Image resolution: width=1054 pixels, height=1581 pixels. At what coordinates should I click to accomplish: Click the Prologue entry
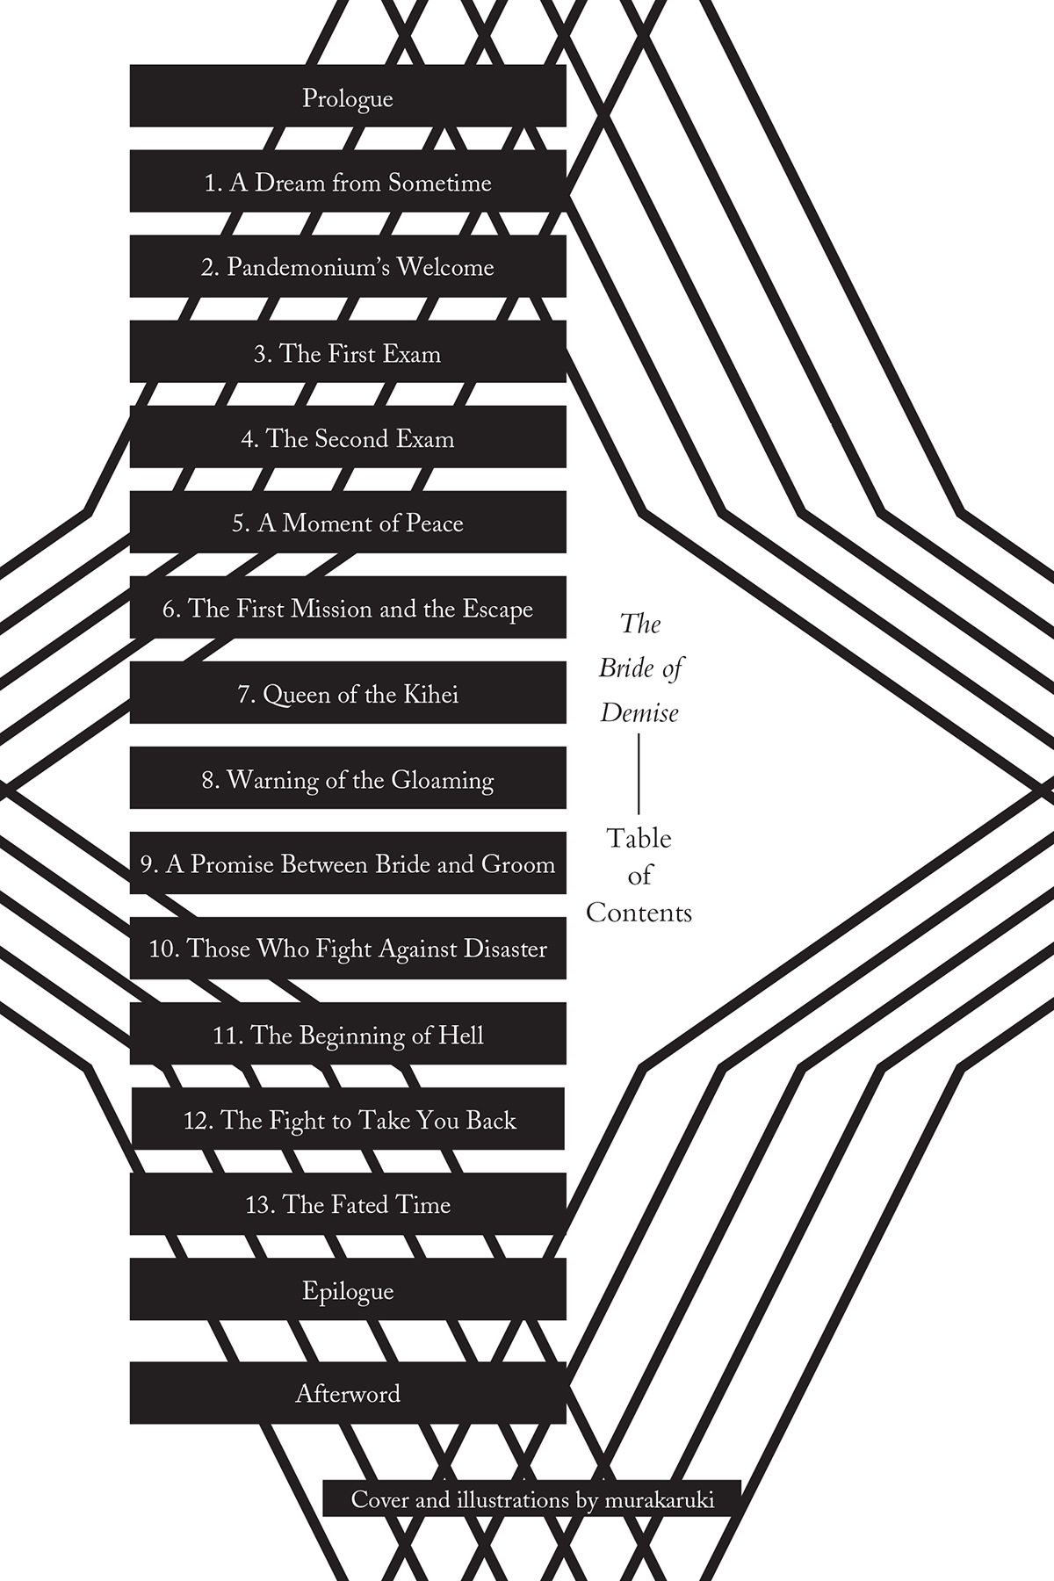point(348,96)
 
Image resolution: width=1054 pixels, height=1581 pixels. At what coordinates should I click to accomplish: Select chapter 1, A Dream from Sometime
point(348,181)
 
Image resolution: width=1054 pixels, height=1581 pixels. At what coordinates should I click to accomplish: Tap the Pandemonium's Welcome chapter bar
point(348,266)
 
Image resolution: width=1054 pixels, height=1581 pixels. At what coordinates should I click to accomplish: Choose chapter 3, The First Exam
point(348,351)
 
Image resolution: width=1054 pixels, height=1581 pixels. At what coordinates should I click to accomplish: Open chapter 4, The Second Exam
point(348,437)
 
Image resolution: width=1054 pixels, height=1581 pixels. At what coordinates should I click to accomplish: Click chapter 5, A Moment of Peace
point(348,522)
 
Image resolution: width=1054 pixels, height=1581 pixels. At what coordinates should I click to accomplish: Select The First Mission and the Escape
point(348,607)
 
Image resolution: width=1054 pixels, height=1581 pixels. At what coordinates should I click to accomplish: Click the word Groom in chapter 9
point(518,864)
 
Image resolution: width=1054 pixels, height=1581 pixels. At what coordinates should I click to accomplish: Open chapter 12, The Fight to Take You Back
point(348,1118)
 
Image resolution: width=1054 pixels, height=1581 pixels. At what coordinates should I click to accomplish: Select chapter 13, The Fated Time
point(348,1203)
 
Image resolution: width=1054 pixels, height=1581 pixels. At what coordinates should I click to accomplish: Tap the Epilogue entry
point(348,1289)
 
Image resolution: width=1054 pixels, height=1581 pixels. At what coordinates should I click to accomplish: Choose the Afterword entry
point(348,1393)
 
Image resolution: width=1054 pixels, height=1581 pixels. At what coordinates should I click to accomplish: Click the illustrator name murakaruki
point(660,1500)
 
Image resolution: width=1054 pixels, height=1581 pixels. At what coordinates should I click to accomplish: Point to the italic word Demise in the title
point(639,712)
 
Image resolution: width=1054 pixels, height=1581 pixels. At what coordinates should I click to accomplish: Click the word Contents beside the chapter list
point(639,913)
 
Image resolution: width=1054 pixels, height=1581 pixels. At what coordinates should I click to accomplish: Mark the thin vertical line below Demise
point(639,775)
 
